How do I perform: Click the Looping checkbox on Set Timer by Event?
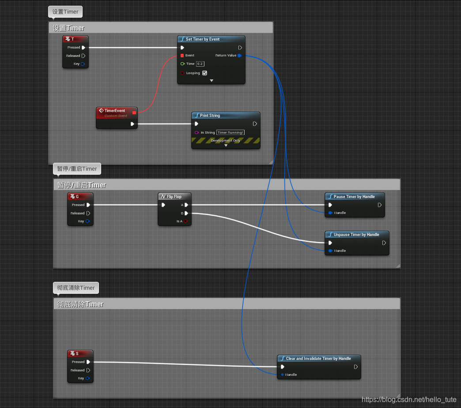pyautogui.click(x=204, y=73)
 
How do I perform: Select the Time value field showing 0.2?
pyautogui.click(x=200, y=64)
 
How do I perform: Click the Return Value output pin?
pyautogui.click(x=239, y=56)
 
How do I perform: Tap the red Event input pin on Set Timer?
pyautogui.click(x=182, y=56)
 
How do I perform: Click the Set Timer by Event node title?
pyautogui.click(x=202, y=39)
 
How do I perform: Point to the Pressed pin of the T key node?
pyautogui.click(x=83, y=48)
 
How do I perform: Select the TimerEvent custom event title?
pyautogui.click(x=115, y=111)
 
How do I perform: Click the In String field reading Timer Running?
pyautogui.click(x=230, y=132)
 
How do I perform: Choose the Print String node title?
pyautogui.click(x=210, y=116)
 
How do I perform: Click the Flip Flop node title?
pyautogui.click(x=174, y=197)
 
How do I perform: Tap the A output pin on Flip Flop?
pyautogui.click(x=186, y=205)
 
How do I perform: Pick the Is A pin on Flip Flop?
pyautogui.click(x=186, y=221)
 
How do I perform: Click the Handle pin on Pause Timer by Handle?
pyautogui.click(x=330, y=213)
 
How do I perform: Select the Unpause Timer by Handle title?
pyautogui.click(x=356, y=235)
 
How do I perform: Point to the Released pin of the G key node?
pyautogui.click(x=88, y=213)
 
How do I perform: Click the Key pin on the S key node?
pyautogui.click(x=88, y=378)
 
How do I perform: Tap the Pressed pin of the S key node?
pyautogui.click(x=88, y=362)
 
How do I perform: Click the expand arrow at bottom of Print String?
pyautogui.click(x=226, y=145)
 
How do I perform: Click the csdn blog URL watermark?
pyautogui.click(x=409, y=400)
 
